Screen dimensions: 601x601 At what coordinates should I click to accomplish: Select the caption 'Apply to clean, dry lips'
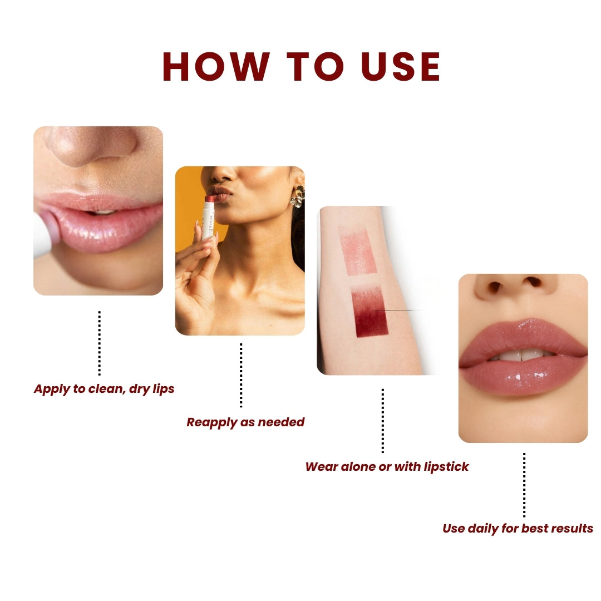click(104, 389)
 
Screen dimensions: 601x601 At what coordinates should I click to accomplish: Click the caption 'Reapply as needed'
click(245, 422)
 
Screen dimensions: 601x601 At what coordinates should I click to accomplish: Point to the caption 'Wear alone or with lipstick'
click(387, 467)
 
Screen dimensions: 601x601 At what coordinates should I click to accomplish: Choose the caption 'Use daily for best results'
click(518, 529)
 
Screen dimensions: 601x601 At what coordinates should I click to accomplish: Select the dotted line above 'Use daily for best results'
click(524, 484)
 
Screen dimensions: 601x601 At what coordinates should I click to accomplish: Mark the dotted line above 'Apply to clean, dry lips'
click(100, 343)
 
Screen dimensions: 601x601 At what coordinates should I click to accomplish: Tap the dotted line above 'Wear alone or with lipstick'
click(383, 420)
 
